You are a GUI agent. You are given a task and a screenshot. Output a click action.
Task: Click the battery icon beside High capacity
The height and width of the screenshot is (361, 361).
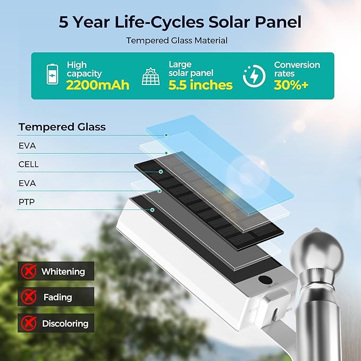click(x=52, y=74)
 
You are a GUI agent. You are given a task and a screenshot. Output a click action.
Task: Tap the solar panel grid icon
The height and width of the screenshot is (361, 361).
click(x=150, y=76)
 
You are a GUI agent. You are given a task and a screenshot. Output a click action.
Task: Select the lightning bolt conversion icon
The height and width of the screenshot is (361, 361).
click(x=254, y=76)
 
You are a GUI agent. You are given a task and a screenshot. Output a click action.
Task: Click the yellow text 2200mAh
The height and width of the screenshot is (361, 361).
click(x=98, y=85)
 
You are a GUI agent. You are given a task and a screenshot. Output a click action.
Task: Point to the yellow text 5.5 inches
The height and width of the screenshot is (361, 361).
click(x=200, y=85)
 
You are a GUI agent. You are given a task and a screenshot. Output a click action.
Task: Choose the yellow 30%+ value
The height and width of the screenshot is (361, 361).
click(x=291, y=85)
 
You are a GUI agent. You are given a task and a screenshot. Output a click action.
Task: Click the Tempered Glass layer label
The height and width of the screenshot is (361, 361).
click(x=62, y=127)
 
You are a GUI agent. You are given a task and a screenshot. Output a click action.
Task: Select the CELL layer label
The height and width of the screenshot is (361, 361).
click(x=29, y=164)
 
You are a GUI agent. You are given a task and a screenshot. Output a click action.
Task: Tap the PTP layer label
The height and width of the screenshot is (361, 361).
click(x=27, y=202)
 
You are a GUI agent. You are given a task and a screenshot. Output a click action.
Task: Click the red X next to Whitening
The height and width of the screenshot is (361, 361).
click(x=29, y=271)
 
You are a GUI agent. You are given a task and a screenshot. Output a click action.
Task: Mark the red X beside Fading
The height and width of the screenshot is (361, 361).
click(x=29, y=297)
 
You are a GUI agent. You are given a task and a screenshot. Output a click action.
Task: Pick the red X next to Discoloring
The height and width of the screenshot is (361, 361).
click(x=29, y=323)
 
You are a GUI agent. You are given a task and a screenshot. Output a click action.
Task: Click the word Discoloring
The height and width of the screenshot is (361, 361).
click(x=65, y=323)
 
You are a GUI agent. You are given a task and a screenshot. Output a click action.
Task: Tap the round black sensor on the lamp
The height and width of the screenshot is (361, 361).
click(x=265, y=279)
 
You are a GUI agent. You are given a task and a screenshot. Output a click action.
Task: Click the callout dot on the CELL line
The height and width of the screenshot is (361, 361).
click(x=161, y=172)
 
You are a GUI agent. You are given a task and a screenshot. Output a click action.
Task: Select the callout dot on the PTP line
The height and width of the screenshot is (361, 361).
click(x=152, y=209)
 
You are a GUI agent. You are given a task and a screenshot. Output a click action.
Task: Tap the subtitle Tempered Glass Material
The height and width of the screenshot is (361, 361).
click(x=177, y=40)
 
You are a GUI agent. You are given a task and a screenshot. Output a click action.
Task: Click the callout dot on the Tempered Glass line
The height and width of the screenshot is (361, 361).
click(x=166, y=135)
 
